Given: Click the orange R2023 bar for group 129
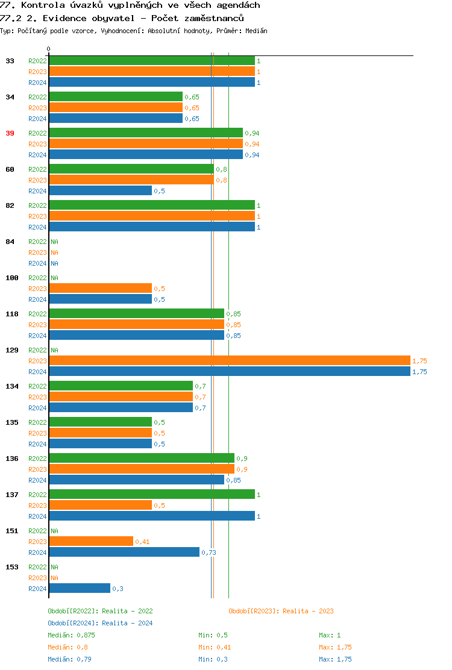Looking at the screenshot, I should [x=229, y=361].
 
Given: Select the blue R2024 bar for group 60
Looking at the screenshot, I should [x=100, y=191].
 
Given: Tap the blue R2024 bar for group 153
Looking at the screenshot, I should [x=80, y=589].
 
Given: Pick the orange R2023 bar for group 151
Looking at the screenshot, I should [x=91, y=542].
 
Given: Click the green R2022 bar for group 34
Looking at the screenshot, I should [x=116, y=97].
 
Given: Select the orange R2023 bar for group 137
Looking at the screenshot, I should [x=100, y=506].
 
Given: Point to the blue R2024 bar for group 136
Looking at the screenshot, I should [x=136, y=480].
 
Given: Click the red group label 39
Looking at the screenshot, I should [x=10, y=133].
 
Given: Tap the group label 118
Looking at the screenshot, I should [x=12, y=314].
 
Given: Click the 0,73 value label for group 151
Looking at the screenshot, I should [x=209, y=553].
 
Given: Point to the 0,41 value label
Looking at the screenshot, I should [x=142, y=542].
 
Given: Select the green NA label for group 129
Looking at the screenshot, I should [x=54, y=350].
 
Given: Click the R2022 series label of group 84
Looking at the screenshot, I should [x=37, y=242].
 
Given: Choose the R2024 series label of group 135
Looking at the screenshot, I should [x=37, y=444].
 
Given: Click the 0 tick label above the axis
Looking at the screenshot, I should [x=49, y=49].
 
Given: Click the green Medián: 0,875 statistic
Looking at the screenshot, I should [x=71, y=635].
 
